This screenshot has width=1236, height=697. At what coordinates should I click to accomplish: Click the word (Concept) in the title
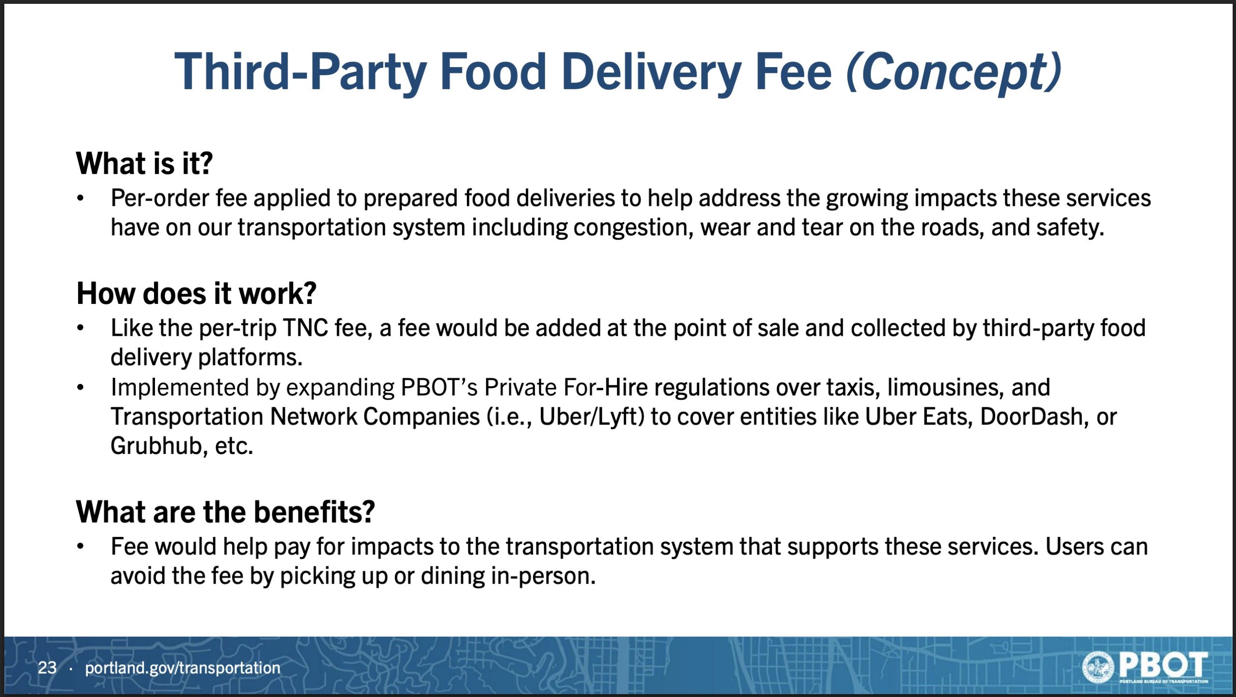[954, 72]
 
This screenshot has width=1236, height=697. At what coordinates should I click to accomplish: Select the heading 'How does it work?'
[197, 293]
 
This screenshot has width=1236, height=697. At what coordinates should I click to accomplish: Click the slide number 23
[47, 668]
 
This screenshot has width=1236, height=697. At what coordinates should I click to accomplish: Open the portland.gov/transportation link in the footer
[183, 668]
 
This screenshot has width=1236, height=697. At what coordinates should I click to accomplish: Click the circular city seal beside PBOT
[1098, 667]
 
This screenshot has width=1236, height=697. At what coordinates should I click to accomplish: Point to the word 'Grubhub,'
[159, 446]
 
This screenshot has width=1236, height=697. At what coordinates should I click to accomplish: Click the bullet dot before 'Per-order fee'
[81, 198]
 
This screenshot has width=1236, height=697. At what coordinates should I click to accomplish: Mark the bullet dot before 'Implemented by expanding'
[81, 387]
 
